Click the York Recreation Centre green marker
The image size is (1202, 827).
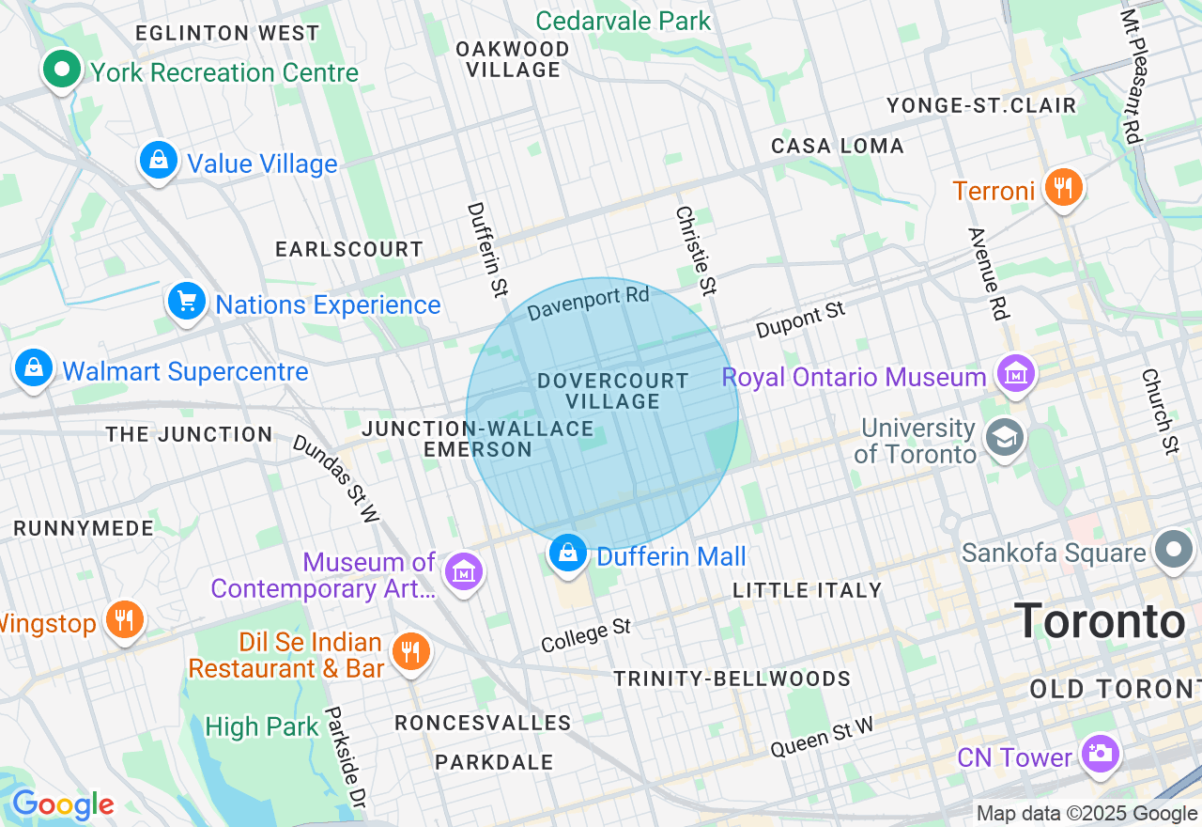62,70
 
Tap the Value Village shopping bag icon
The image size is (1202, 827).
159,161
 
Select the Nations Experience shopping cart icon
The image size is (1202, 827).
187,302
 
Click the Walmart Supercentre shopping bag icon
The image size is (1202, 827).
34,368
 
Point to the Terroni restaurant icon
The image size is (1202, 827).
1063,188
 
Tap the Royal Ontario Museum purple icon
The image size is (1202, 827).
1016,374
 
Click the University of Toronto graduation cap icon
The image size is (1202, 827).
1004,438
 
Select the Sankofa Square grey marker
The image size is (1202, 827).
1174,550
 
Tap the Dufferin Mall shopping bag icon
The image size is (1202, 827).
568,553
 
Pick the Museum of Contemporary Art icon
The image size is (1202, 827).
464,570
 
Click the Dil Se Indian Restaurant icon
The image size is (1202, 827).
410,650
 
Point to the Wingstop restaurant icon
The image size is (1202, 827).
123,620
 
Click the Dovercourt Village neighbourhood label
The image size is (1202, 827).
613,391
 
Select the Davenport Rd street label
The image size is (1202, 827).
588,304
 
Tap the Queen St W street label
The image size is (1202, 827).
822,737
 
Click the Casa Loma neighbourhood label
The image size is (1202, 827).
838,146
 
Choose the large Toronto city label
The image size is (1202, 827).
1100,621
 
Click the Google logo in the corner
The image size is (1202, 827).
63,804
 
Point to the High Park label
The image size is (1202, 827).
262,726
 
